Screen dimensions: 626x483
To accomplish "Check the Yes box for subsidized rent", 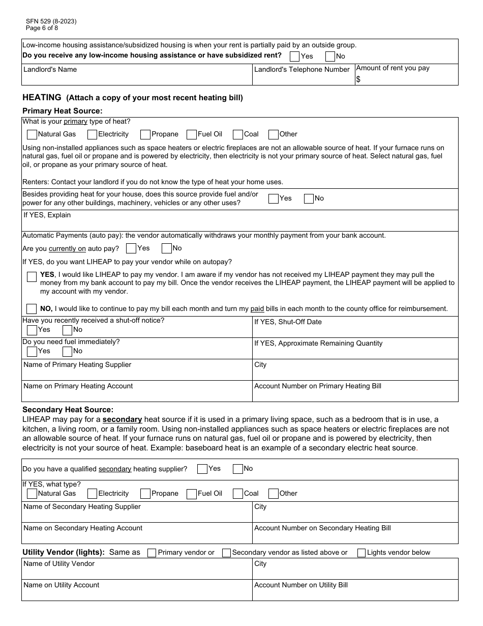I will pos(294,56).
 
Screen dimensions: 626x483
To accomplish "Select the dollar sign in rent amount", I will pos(358,79).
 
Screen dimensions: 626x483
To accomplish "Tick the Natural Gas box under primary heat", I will pos(32,134).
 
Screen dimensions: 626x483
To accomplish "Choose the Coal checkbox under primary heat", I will pos(238,134).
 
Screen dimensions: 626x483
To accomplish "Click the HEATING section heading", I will pos(42,97).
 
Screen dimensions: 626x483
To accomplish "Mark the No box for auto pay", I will pos(167,248).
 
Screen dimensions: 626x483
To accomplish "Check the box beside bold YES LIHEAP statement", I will pos(32,276).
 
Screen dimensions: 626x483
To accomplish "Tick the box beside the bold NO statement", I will pos(32,308).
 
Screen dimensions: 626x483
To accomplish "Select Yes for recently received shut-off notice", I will pos(32,330).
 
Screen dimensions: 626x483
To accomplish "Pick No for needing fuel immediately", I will pos(67,351).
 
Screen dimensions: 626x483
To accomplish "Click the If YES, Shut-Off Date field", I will pos(355,330).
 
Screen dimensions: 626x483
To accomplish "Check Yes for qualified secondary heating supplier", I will pos(202,469).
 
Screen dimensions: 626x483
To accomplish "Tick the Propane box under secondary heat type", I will pos(145,494).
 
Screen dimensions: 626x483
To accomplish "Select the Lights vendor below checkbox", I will pos(361,553).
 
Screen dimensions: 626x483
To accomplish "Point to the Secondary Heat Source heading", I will pos(68,410).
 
